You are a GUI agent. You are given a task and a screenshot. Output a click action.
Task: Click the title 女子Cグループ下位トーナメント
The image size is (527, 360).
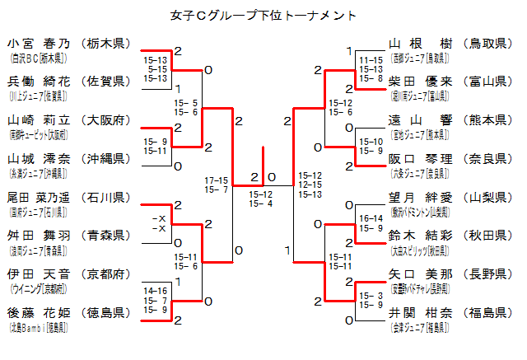click(x=263, y=15)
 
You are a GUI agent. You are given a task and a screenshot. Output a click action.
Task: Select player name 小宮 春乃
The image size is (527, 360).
click(x=40, y=43)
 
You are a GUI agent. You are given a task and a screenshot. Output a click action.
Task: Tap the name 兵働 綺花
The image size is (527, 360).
click(x=40, y=81)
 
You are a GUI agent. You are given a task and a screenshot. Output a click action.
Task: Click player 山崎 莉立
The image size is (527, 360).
click(x=40, y=119)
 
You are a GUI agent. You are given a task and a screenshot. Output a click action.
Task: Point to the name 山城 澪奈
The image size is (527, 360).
click(x=40, y=158)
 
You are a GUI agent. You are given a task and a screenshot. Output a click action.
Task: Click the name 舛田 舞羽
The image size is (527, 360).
click(x=40, y=235)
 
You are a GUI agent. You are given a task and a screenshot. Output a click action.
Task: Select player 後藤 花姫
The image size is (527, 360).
click(x=40, y=312)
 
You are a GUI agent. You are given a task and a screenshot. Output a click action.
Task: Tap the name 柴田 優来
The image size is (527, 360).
click(x=421, y=81)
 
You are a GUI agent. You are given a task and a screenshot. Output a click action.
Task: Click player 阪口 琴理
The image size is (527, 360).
click(x=421, y=158)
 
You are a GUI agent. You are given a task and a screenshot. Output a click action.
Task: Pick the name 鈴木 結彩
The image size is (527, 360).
click(x=421, y=235)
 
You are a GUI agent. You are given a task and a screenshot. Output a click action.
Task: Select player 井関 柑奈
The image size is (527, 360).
click(x=421, y=312)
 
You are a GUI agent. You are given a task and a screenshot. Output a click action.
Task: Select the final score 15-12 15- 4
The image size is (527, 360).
click(x=262, y=199)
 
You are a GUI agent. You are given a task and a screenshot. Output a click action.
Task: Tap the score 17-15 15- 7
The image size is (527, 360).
click(x=217, y=185)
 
